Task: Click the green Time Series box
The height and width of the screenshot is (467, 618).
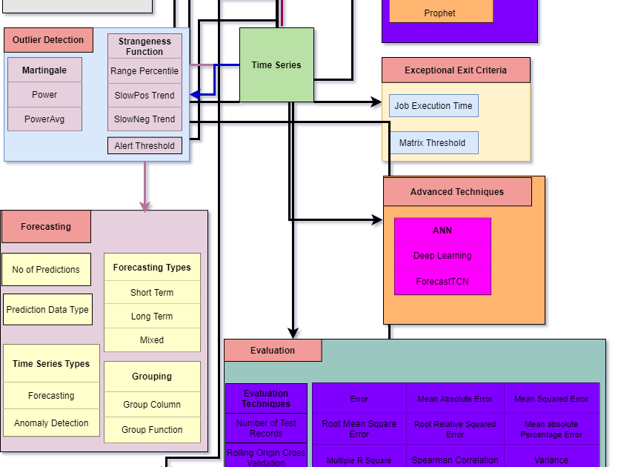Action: (x=276, y=65)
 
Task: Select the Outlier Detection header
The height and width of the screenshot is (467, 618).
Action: (x=49, y=40)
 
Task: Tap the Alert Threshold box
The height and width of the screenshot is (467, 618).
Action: (x=144, y=146)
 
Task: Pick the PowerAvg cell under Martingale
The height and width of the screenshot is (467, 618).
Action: (x=44, y=119)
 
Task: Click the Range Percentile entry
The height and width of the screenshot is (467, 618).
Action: (x=144, y=71)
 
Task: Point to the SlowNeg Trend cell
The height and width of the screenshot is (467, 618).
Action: (x=144, y=119)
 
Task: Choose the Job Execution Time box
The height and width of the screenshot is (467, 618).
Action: (x=433, y=106)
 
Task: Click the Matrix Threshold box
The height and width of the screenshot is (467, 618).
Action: (x=433, y=143)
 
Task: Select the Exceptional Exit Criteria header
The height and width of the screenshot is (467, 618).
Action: (x=456, y=70)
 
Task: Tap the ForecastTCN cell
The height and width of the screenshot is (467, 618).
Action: (x=442, y=282)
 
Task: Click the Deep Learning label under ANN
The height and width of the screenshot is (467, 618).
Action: (x=442, y=256)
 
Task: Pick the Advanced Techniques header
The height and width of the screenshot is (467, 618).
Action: (x=457, y=192)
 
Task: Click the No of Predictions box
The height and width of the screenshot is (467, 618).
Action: (x=46, y=270)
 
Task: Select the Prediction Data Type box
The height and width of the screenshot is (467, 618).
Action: (x=47, y=310)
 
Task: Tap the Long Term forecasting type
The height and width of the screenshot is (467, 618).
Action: (x=152, y=317)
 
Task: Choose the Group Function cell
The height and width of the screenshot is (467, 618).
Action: (x=152, y=430)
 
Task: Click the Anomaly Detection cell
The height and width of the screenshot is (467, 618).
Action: (x=51, y=423)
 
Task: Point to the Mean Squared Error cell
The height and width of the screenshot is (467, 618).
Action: (x=551, y=399)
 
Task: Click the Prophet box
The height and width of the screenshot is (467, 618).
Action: (x=440, y=13)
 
